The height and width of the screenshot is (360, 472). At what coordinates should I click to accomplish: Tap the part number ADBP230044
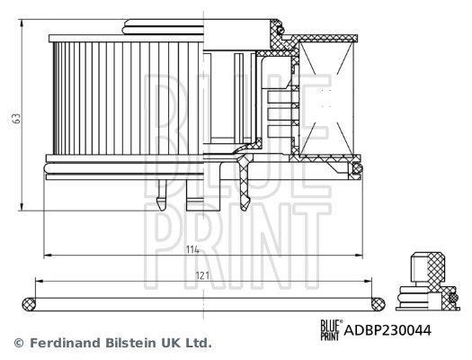click(x=388, y=330)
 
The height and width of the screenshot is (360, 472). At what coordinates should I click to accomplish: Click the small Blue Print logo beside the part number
click(x=331, y=329)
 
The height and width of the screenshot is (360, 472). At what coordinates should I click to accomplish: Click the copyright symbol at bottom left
click(x=17, y=343)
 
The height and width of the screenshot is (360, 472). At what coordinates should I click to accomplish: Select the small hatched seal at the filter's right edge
click(x=357, y=168)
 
